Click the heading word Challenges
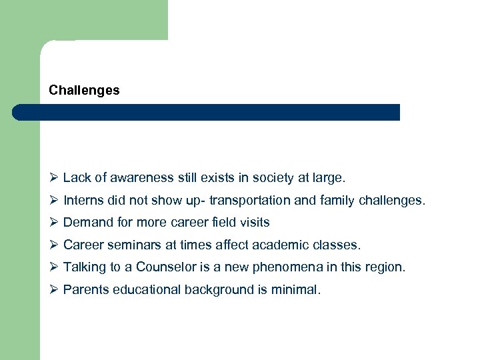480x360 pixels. coord(84,90)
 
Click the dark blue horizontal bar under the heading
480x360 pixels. coord(207,112)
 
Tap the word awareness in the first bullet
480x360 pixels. coord(141,178)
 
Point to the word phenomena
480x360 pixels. coord(291,267)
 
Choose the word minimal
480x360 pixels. coord(295,289)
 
